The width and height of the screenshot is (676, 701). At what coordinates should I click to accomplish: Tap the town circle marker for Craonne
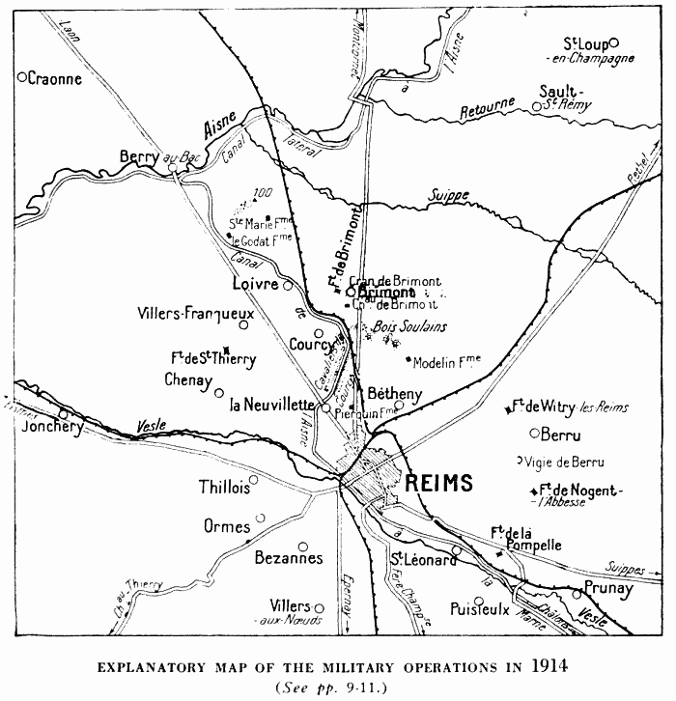tap(22, 77)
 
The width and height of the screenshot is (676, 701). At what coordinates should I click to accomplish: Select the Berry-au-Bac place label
tap(157, 156)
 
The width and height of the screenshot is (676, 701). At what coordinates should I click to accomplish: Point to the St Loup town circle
tap(614, 42)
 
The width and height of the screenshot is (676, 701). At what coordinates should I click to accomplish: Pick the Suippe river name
tap(450, 196)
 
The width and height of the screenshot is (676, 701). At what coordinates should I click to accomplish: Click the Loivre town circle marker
tap(287, 285)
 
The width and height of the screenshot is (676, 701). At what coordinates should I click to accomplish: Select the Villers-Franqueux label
tap(197, 314)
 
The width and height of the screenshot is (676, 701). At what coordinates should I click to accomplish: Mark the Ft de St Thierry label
tap(212, 359)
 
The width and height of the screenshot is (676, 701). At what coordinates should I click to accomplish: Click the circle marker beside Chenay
tap(219, 392)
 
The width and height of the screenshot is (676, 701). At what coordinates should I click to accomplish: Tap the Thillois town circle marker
tap(254, 479)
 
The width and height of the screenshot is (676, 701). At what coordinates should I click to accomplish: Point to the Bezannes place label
tap(288, 558)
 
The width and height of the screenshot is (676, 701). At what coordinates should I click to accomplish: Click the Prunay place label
tap(608, 587)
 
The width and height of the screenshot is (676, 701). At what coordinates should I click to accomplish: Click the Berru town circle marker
tap(533, 433)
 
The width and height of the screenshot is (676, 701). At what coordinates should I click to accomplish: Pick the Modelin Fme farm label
tap(445, 363)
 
